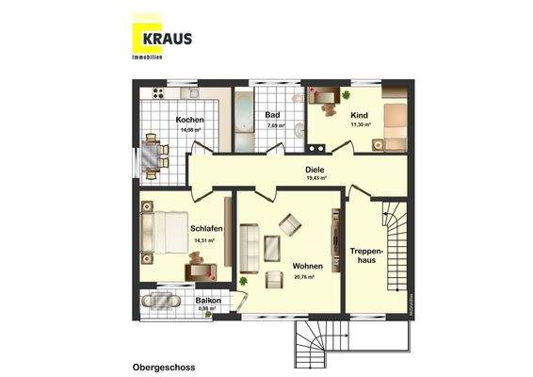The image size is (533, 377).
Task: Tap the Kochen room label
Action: pos(187,119)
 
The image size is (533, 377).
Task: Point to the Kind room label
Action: pos(358,114)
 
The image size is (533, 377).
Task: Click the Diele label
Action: pos(315,170)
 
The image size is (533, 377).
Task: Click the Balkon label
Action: pos(208,301)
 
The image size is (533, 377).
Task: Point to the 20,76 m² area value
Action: pos(303,277)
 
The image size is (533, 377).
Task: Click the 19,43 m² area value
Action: pos(315,178)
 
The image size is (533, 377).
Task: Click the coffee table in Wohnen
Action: pos(273,248)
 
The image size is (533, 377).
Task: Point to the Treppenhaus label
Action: pos(363,254)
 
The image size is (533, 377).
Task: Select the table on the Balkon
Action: pos(154,303)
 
